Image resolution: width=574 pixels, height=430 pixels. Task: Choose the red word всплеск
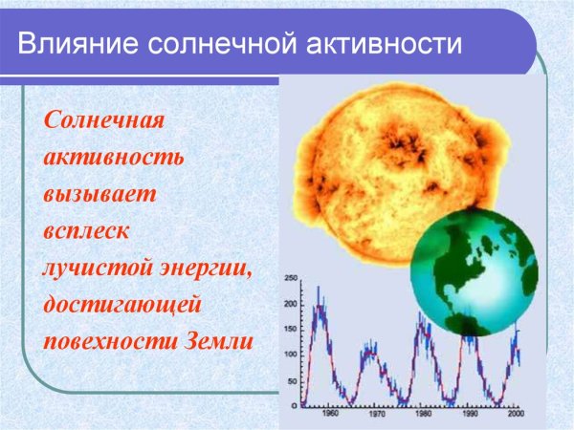coord(84,231)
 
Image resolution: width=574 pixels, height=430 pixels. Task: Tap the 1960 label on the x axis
coord(329,415)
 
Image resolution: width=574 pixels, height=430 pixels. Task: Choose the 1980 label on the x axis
coord(422,415)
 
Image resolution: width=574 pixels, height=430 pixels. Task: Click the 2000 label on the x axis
coord(516,415)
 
